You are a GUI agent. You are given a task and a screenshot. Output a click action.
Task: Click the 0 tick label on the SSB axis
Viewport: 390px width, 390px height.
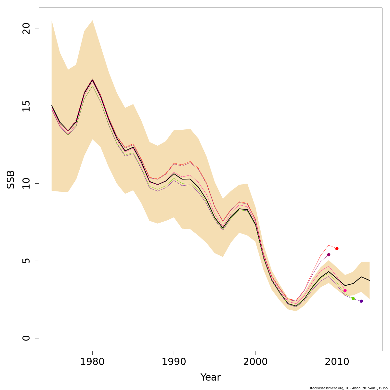click(26, 338)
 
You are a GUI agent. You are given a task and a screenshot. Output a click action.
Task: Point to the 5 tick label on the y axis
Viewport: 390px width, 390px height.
click(26, 261)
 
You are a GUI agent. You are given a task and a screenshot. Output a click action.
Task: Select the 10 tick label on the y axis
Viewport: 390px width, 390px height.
click(26, 183)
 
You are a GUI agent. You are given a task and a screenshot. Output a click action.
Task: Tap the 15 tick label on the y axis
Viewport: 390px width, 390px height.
click(26, 106)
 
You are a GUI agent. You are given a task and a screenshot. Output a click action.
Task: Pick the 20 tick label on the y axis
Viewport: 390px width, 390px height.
click(26, 29)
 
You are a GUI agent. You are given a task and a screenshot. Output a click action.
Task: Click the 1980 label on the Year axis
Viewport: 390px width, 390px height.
click(92, 362)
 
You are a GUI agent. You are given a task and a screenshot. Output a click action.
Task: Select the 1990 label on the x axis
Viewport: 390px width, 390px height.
click(174, 362)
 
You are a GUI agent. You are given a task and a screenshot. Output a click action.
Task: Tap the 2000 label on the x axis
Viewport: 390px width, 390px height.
click(255, 362)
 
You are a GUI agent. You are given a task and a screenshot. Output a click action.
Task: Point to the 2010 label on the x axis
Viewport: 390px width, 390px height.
click(337, 362)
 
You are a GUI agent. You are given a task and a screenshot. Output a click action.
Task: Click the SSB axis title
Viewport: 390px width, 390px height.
click(11, 179)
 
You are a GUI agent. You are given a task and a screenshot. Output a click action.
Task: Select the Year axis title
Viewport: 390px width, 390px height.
click(211, 377)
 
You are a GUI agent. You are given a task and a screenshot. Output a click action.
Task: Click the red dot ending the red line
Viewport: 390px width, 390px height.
click(337, 249)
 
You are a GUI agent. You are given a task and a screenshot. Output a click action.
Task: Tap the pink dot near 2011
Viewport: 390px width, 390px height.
click(345, 291)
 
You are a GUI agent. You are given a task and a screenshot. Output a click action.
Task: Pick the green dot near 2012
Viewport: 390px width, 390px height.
click(353, 299)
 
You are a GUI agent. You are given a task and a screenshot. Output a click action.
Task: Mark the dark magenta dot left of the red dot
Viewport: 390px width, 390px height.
click(329, 255)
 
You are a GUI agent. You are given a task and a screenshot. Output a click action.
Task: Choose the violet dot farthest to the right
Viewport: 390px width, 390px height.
click(361, 301)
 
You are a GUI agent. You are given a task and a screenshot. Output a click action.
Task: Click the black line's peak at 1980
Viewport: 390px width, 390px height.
click(92, 80)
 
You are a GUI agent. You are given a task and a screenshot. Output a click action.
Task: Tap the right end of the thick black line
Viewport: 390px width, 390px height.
click(370, 280)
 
